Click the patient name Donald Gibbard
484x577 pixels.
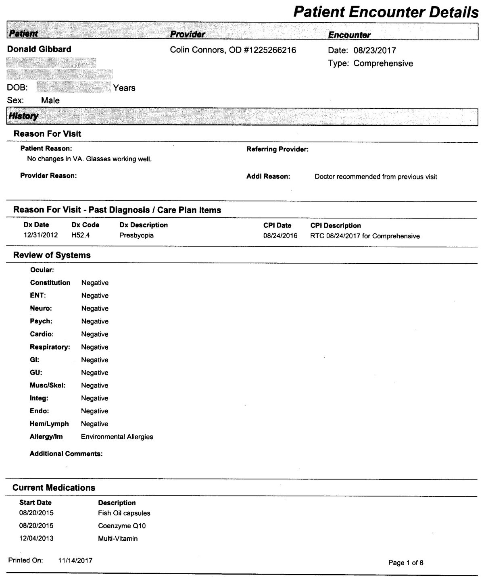(x=40, y=49)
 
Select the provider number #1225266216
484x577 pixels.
(x=270, y=50)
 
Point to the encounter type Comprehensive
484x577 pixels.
(x=383, y=63)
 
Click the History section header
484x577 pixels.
(x=23, y=116)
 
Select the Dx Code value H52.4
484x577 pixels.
(x=81, y=235)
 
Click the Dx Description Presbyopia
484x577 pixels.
(x=136, y=235)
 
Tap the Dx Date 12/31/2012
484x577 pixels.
(x=41, y=235)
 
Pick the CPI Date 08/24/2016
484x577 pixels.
(x=280, y=236)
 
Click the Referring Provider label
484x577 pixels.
(x=277, y=150)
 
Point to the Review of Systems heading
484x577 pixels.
(x=52, y=255)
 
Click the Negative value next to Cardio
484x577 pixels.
(x=95, y=334)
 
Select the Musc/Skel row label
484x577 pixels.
(x=48, y=385)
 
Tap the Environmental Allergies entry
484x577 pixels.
(x=117, y=437)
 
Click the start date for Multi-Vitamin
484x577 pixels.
(x=36, y=538)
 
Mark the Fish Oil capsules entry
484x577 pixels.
(x=124, y=513)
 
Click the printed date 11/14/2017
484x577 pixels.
(x=75, y=560)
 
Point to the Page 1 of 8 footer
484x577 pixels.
(x=406, y=562)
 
